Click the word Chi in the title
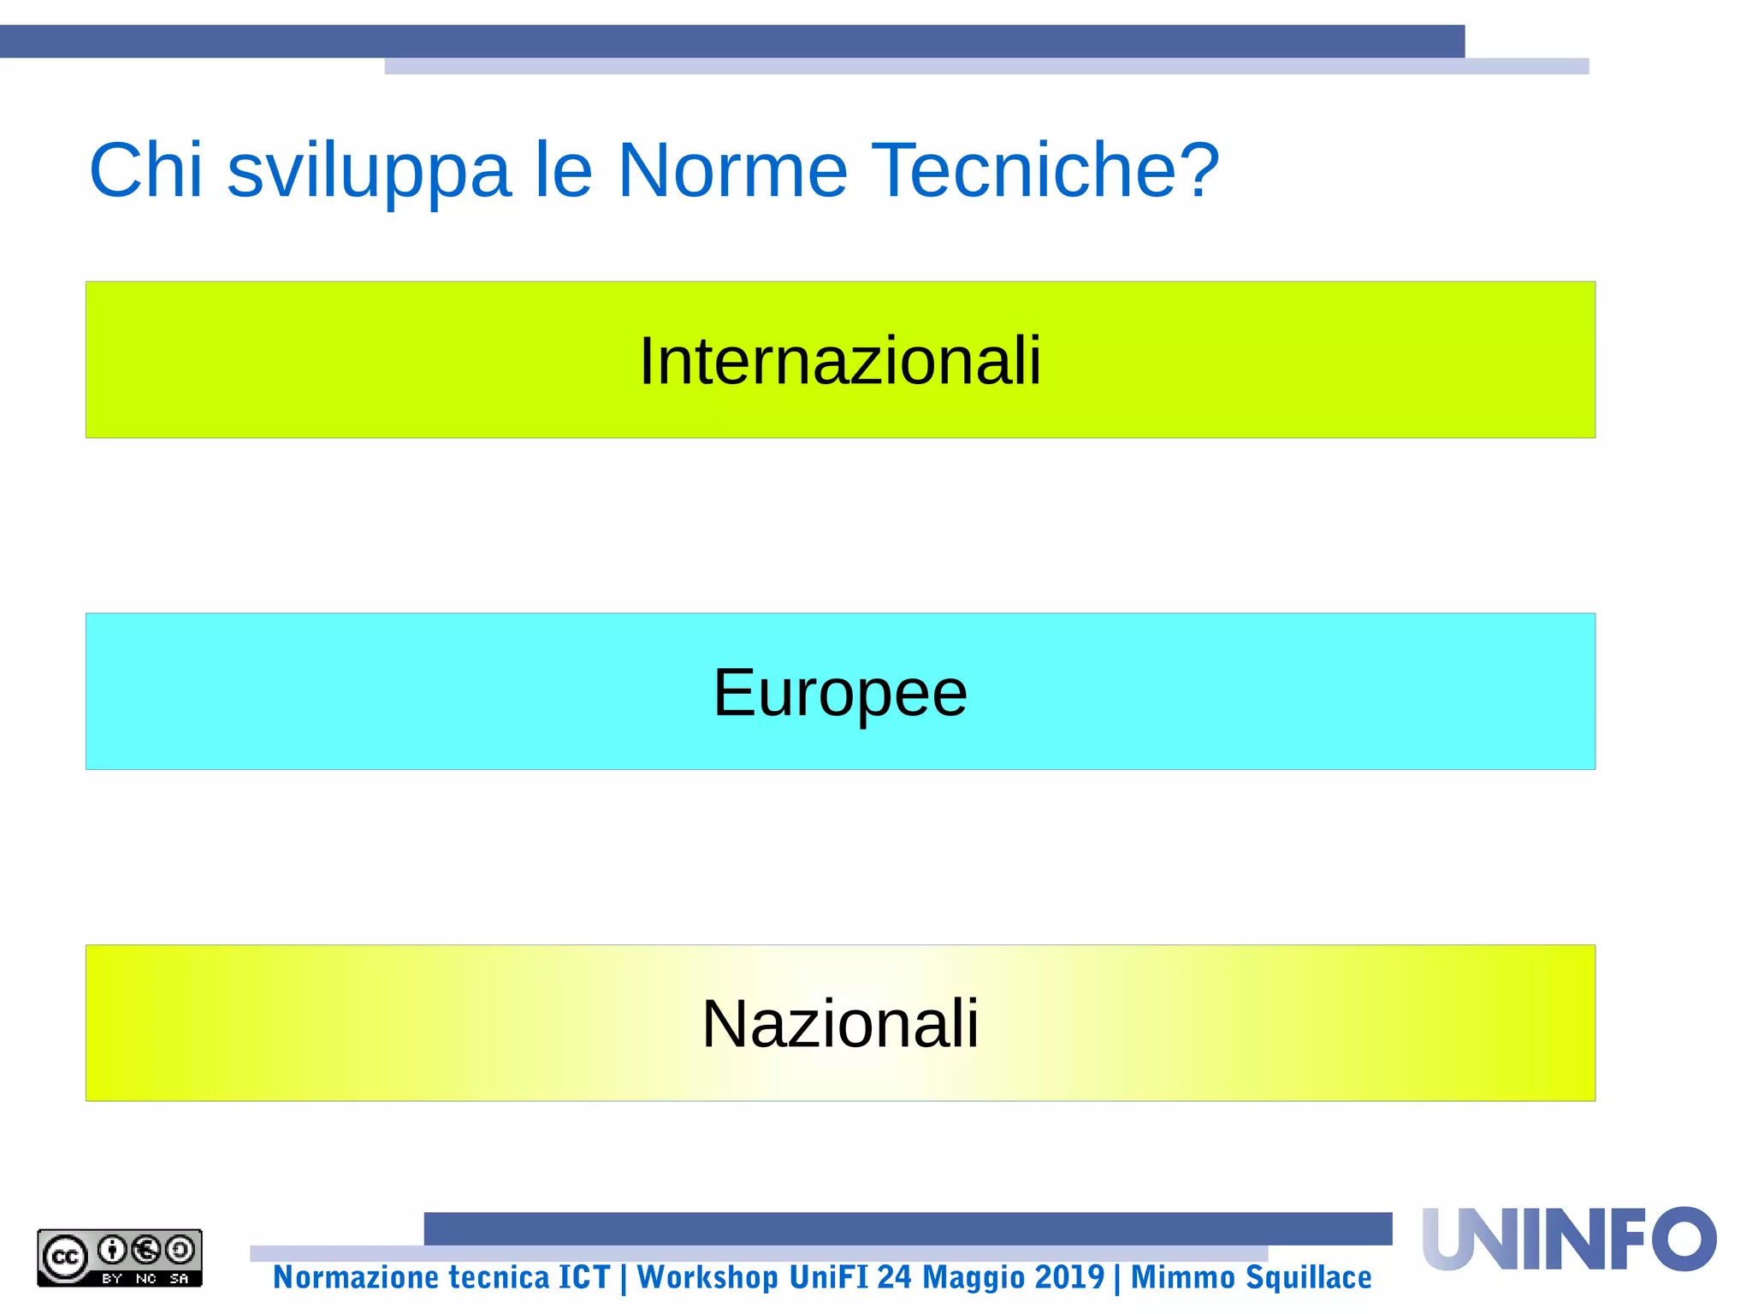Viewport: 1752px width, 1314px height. tap(145, 170)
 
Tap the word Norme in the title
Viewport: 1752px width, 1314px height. tap(732, 170)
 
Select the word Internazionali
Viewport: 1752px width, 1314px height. tap(840, 361)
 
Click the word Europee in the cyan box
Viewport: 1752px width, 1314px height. tap(840, 693)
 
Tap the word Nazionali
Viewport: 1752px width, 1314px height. tap(840, 1023)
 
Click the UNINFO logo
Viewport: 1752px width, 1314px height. tap(1569, 1239)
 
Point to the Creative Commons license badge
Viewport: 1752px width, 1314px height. tap(120, 1258)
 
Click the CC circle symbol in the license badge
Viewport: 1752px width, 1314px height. tap(65, 1258)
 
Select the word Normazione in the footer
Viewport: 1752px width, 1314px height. tap(354, 1277)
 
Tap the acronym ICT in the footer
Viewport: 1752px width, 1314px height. tap(584, 1277)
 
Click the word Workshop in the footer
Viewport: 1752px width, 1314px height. tap(707, 1277)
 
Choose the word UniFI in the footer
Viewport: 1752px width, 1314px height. tap(827, 1277)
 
